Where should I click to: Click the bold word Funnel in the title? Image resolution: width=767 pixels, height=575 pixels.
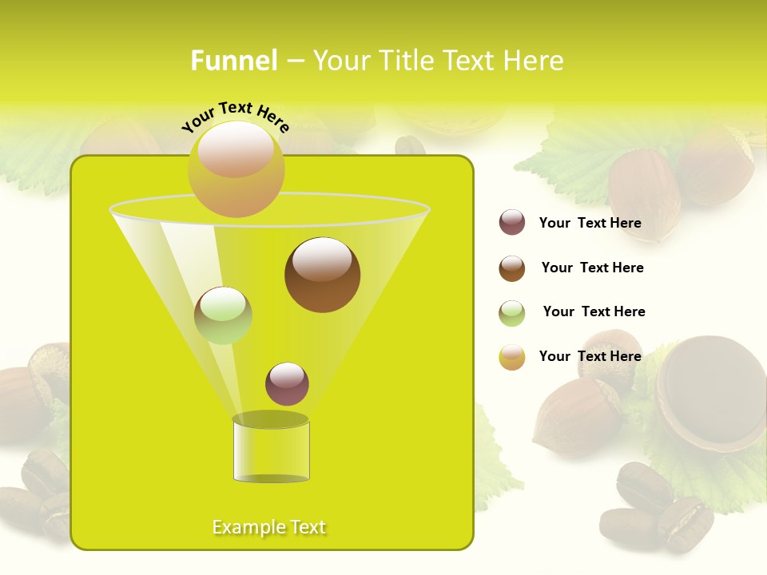(x=234, y=61)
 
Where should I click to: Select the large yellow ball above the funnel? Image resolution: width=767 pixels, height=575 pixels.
(x=236, y=169)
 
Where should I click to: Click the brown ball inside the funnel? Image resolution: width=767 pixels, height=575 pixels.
(x=322, y=274)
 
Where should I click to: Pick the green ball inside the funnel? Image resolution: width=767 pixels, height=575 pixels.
(x=223, y=315)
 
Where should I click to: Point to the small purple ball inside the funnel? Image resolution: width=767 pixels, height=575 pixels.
(x=287, y=383)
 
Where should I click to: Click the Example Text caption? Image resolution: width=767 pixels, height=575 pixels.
(x=268, y=527)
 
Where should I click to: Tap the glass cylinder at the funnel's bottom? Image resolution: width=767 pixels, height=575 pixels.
(x=271, y=449)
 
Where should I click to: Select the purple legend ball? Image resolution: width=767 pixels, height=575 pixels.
(x=512, y=223)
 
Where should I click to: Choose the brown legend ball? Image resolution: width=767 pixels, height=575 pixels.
(x=512, y=268)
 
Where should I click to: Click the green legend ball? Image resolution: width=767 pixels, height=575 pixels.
(x=512, y=313)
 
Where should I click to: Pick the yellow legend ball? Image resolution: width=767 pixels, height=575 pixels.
(x=512, y=357)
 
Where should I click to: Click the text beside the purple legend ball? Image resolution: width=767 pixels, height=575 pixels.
(x=590, y=223)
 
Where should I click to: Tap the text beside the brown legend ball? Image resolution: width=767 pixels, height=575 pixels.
(x=592, y=268)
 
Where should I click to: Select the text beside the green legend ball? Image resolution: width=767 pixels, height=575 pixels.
(x=594, y=311)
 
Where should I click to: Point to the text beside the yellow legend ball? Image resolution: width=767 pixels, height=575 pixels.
(x=590, y=356)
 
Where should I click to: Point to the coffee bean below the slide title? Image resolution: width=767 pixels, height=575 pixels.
(x=411, y=145)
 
